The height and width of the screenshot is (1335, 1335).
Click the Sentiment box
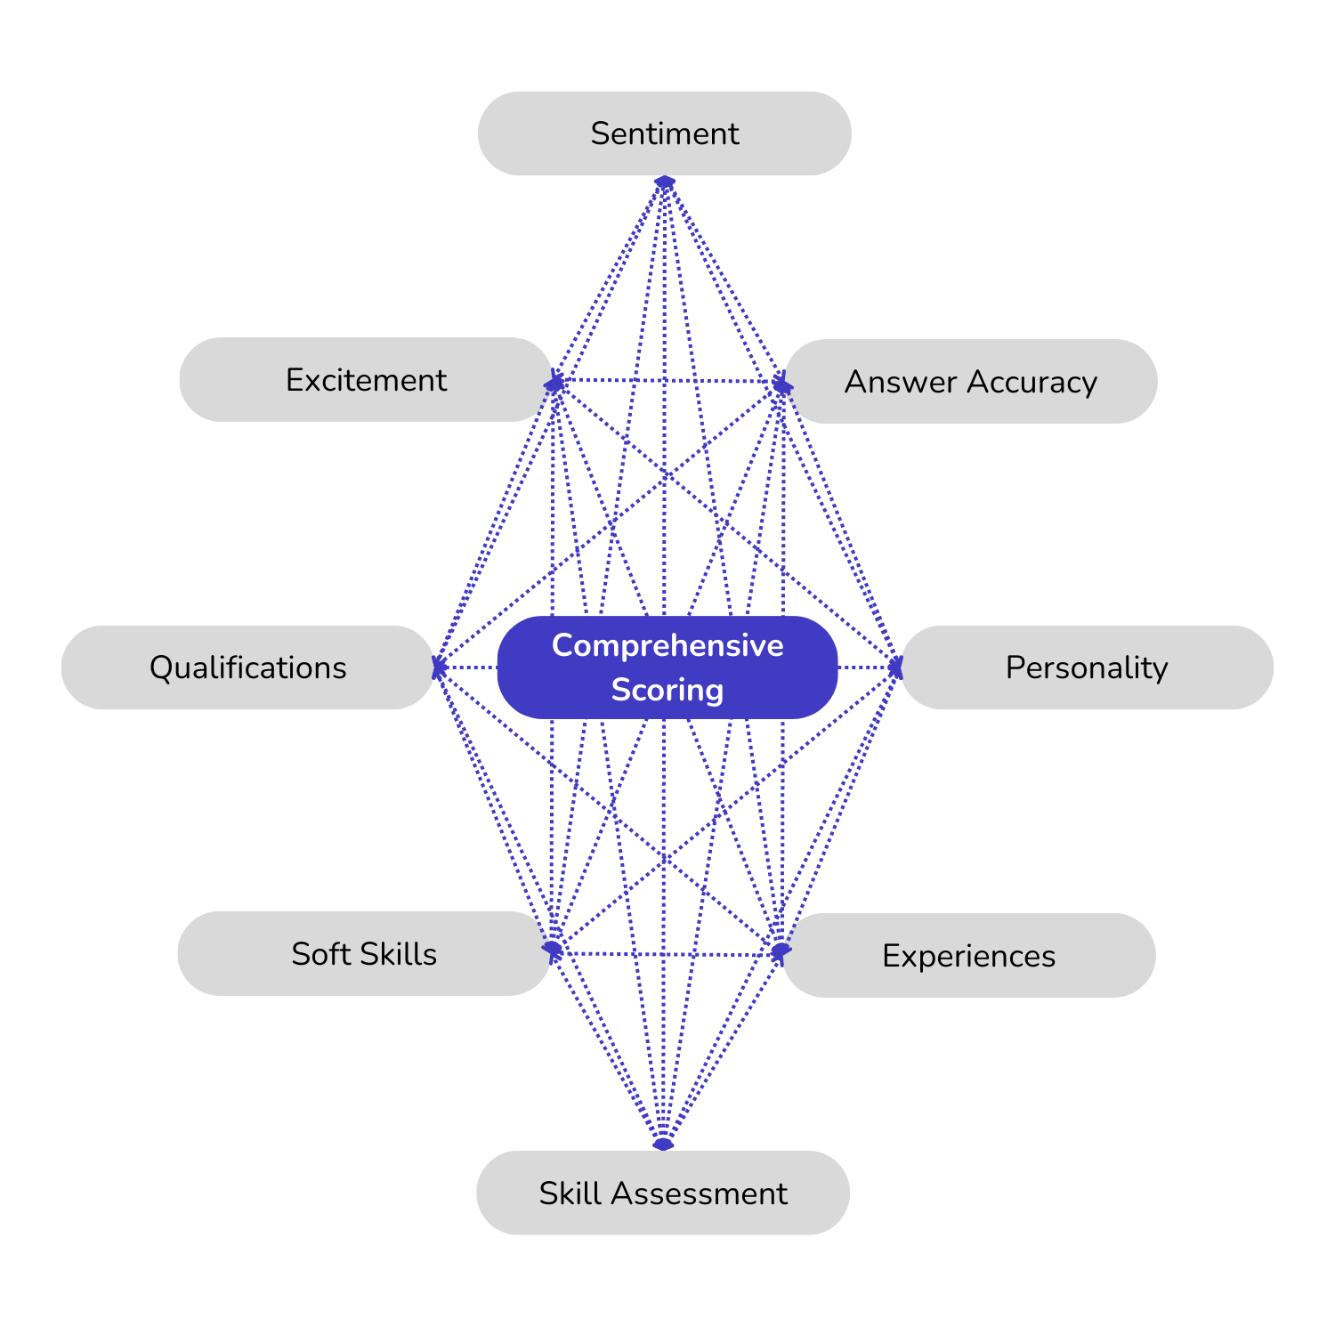(664, 133)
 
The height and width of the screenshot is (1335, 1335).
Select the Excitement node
(365, 380)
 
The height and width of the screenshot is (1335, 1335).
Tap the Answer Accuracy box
(970, 382)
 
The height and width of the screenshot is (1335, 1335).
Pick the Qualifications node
(247, 667)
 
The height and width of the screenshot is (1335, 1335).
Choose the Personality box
(1086, 667)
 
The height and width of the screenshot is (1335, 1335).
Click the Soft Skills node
(364, 954)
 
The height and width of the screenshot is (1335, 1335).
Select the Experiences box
(968, 956)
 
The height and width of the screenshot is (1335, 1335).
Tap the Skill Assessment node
(663, 1193)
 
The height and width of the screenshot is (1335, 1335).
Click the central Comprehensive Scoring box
(667, 667)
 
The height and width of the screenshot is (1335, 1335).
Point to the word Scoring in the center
(667, 690)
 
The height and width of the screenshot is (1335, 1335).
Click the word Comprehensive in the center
(667, 645)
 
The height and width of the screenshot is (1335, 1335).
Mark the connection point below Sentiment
(665, 183)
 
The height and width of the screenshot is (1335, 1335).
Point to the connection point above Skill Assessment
(663, 1143)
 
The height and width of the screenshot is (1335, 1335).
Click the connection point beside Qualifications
(439, 667)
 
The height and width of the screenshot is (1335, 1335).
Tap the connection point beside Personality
(895, 667)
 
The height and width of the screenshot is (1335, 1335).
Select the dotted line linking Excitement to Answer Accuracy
(667, 381)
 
